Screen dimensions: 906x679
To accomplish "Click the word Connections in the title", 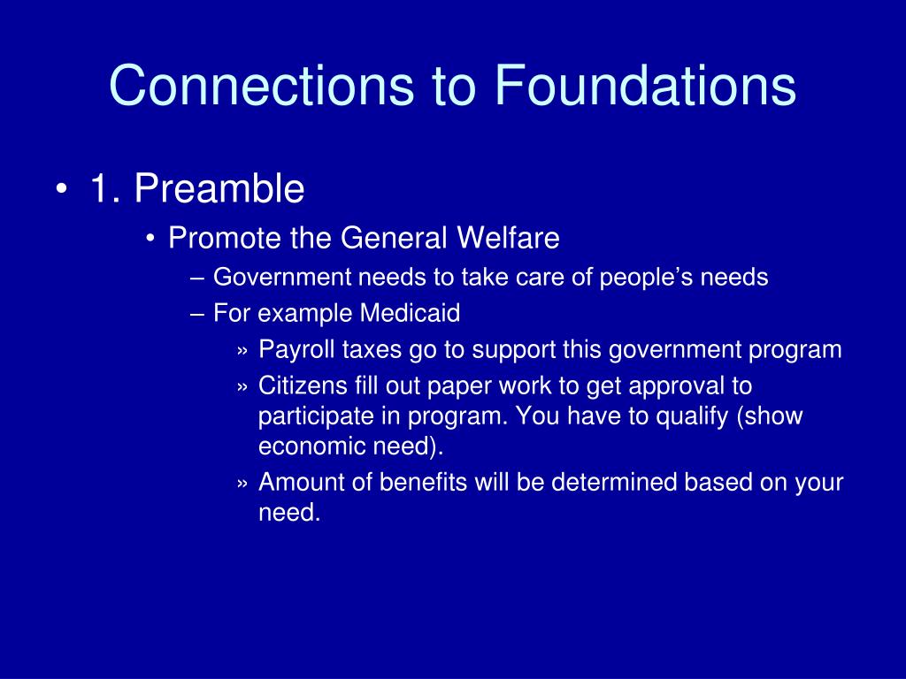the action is point(261,86).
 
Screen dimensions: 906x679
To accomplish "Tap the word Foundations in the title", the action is point(645,86).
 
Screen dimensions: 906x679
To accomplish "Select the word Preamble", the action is point(219,188).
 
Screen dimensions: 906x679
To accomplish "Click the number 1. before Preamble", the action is point(104,188).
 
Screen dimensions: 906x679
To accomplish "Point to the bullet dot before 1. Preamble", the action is point(61,189).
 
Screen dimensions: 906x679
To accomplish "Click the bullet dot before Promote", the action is point(150,239).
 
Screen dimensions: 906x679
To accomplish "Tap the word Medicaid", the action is point(410,313).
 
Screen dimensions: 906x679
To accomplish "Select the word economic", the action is point(311,446).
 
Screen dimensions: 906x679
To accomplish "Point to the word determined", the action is point(614,482).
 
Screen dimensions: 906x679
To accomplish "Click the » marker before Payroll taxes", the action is point(242,351).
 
